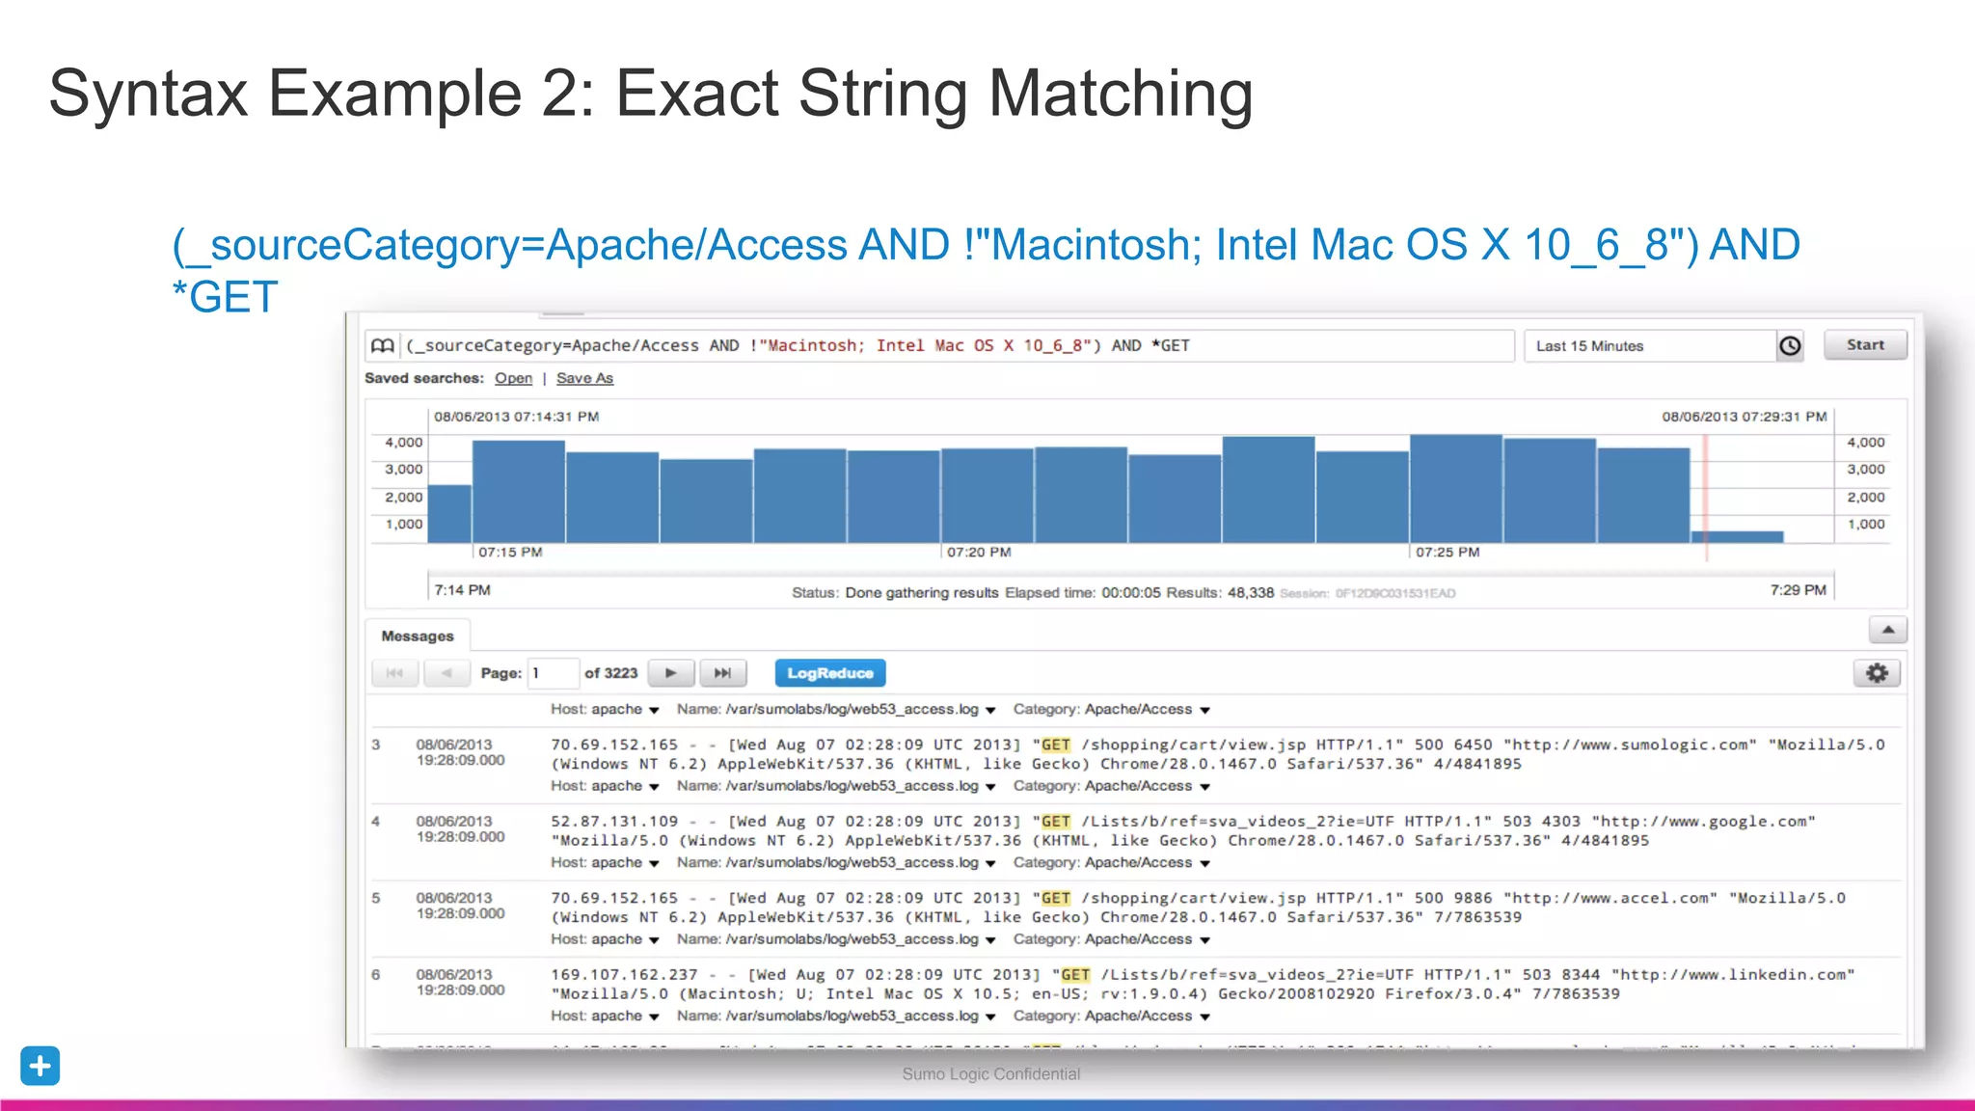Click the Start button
tap(1864, 345)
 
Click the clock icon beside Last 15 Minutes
tap(1790, 345)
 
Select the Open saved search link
tap(513, 378)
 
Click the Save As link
tap(584, 378)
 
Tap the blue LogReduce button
tap(829, 673)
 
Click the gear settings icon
tap(1877, 673)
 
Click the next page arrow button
tap(671, 673)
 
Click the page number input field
tap(554, 673)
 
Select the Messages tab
tap(417, 637)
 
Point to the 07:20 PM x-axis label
tap(979, 553)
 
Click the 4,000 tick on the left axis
tap(404, 443)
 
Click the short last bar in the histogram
tap(1737, 536)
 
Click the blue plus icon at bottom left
tap(41, 1066)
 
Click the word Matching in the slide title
tap(1121, 95)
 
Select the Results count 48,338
tap(1250, 593)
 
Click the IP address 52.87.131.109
tap(614, 822)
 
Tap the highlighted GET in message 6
tap(1075, 975)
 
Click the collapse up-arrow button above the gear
tap(1887, 631)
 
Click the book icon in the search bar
tap(383, 345)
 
